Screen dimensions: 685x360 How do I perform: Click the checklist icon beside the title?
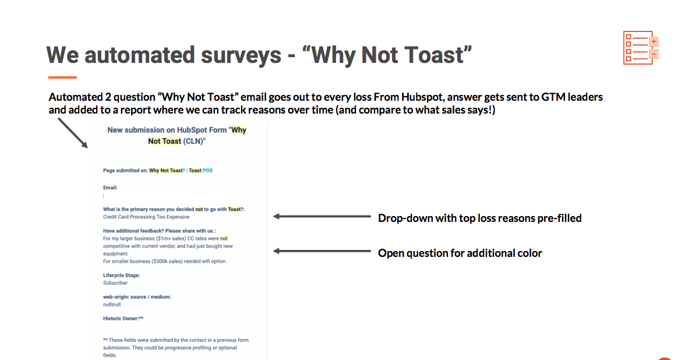[x=641, y=48]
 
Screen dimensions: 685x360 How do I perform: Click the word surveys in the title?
[x=241, y=55]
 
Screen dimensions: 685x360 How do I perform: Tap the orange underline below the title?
[x=62, y=77]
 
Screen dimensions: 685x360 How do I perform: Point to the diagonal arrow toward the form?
[x=73, y=133]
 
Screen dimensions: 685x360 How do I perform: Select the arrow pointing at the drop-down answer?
[x=322, y=216]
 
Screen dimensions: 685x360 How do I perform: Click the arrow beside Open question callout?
[x=322, y=250]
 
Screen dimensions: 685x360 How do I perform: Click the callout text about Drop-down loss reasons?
[x=480, y=218]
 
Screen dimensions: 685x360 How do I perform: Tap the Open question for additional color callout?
[x=460, y=253]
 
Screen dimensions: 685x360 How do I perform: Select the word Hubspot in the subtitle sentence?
[x=422, y=97]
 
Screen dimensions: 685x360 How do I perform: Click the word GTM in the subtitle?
[x=553, y=97]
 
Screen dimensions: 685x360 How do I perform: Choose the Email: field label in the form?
[x=110, y=188]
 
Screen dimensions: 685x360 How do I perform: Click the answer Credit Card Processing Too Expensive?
[x=146, y=217]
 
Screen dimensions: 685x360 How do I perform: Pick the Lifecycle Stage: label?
[x=121, y=275]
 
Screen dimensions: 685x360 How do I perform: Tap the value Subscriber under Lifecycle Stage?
[x=115, y=283]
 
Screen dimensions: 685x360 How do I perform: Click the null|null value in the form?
[x=112, y=305]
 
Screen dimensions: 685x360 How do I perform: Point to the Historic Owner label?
[x=123, y=319]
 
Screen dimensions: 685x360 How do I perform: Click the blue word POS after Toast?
[x=207, y=170]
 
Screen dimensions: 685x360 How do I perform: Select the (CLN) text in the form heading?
[x=194, y=141]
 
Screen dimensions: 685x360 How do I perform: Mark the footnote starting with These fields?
[x=176, y=348]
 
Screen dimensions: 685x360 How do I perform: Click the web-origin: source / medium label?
[x=137, y=297]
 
